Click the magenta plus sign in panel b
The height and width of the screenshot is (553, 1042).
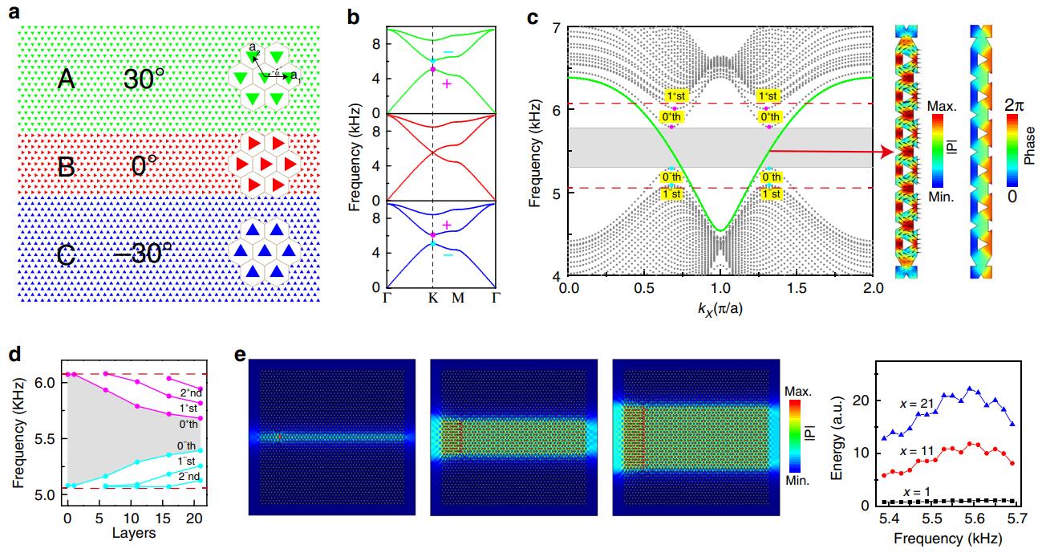[447, 83]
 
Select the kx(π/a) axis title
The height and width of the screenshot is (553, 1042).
[720, 307]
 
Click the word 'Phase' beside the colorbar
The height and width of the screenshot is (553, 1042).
[1033, 149]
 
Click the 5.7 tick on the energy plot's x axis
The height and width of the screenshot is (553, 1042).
[1024, 522]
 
